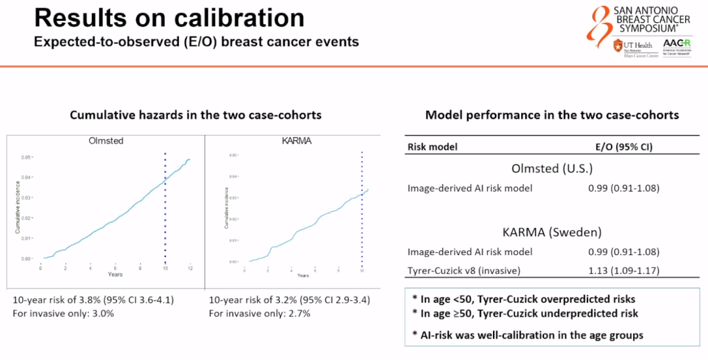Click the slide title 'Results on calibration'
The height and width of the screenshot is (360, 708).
tap(169, 18)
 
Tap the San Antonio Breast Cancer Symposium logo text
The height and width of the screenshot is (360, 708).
tap(652, 20)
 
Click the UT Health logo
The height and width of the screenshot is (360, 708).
tap(630, 47)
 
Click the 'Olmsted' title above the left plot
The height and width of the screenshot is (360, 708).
tap(106, 140)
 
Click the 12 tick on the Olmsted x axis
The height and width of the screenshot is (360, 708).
tap(190, 269)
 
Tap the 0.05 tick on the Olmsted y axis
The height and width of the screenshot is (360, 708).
tap(26, 157)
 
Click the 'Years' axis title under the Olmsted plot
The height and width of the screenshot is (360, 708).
tap(115, 275)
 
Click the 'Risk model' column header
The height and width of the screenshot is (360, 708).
tap(433, 147)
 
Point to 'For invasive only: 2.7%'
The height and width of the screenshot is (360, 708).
tap(259, 313)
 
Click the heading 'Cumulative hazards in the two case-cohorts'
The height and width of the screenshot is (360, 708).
tap(196, 115)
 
